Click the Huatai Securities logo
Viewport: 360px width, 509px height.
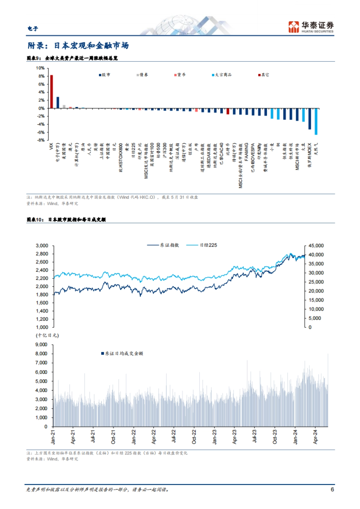(x=311, y=27)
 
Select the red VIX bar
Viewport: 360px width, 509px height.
(x=51, y=91)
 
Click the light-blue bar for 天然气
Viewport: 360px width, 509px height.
(x=316, y=121)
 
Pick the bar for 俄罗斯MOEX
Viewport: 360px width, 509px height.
(x=310, y=119)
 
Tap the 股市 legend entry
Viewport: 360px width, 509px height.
(x=105, y=75)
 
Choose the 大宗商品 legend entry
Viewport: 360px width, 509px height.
(x=222, y=75)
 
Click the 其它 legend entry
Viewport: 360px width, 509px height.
(x=264, y=75)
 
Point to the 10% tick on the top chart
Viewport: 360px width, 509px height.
(x=40, y=68)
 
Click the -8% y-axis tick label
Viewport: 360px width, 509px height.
(x=40, y=140)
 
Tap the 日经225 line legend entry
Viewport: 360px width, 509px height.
(x=202, y=245)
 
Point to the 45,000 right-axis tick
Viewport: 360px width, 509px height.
(x=316, y=246)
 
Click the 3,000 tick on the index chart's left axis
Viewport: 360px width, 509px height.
(x=42, y=246)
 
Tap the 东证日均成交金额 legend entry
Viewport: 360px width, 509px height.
(x=122, y=353)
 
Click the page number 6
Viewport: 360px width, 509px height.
(x=332, y=489)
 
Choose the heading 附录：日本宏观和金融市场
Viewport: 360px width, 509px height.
(x=78, y=46)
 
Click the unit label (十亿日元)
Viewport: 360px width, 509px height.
(x=47, y=335)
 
